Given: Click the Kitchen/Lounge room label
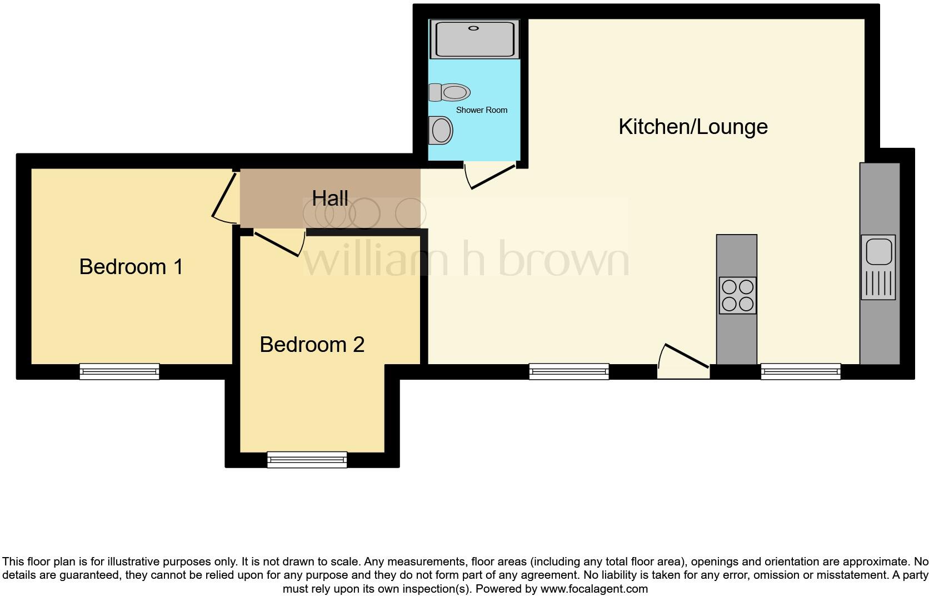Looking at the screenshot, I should click(x=693, y=127).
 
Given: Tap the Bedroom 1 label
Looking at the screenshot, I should click(x=131, y=267).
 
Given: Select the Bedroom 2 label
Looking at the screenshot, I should click(x=312, y=345).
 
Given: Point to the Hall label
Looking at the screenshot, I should click(x=330, y=198).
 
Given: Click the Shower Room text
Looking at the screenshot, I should click(x=482, y=110).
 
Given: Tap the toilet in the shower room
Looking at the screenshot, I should click(x=450, y=92).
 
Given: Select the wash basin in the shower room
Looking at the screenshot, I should click(x=441, y=131).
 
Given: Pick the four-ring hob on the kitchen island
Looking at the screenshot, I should click(x=737, y=295).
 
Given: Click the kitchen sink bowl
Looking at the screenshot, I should click(x=878, y=251).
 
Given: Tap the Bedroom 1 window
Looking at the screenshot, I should click(x=119, y=371).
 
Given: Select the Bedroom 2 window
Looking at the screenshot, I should click(x=307, y=459).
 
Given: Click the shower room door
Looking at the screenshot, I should click(x=491, y=176).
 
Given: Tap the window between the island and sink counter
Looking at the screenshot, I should click(x=801, y=371).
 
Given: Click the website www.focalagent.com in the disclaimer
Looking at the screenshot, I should click(x=594, y=589).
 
